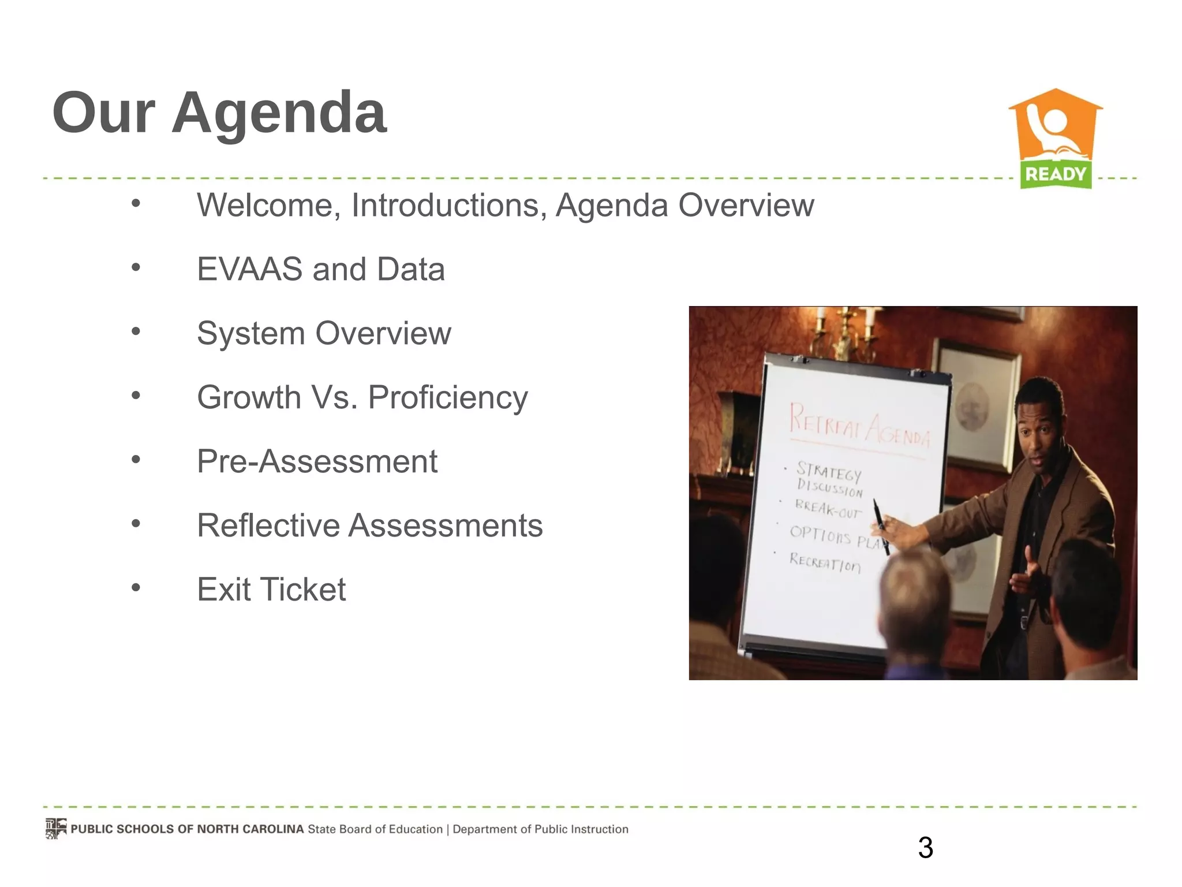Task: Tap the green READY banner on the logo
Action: tap(1056, 174)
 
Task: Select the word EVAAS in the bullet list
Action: tap(249, 269)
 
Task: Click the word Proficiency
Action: tap(448, 398)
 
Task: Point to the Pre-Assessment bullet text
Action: tap(317, 461)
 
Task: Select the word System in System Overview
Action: tap(250, 333)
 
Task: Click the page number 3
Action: tap(925, 848)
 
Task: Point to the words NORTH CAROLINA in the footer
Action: tap(250, 829)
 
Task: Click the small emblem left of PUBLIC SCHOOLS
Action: tap(56, 829)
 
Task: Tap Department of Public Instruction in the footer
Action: tap(540, 829)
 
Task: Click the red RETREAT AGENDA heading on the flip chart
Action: tap(859, 426)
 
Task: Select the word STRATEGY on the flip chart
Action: tap(829, 471)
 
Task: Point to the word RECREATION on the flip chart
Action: tap(825, 561)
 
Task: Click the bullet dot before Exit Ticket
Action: tap(136, 588)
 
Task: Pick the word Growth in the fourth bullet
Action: tap(249, 397)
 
